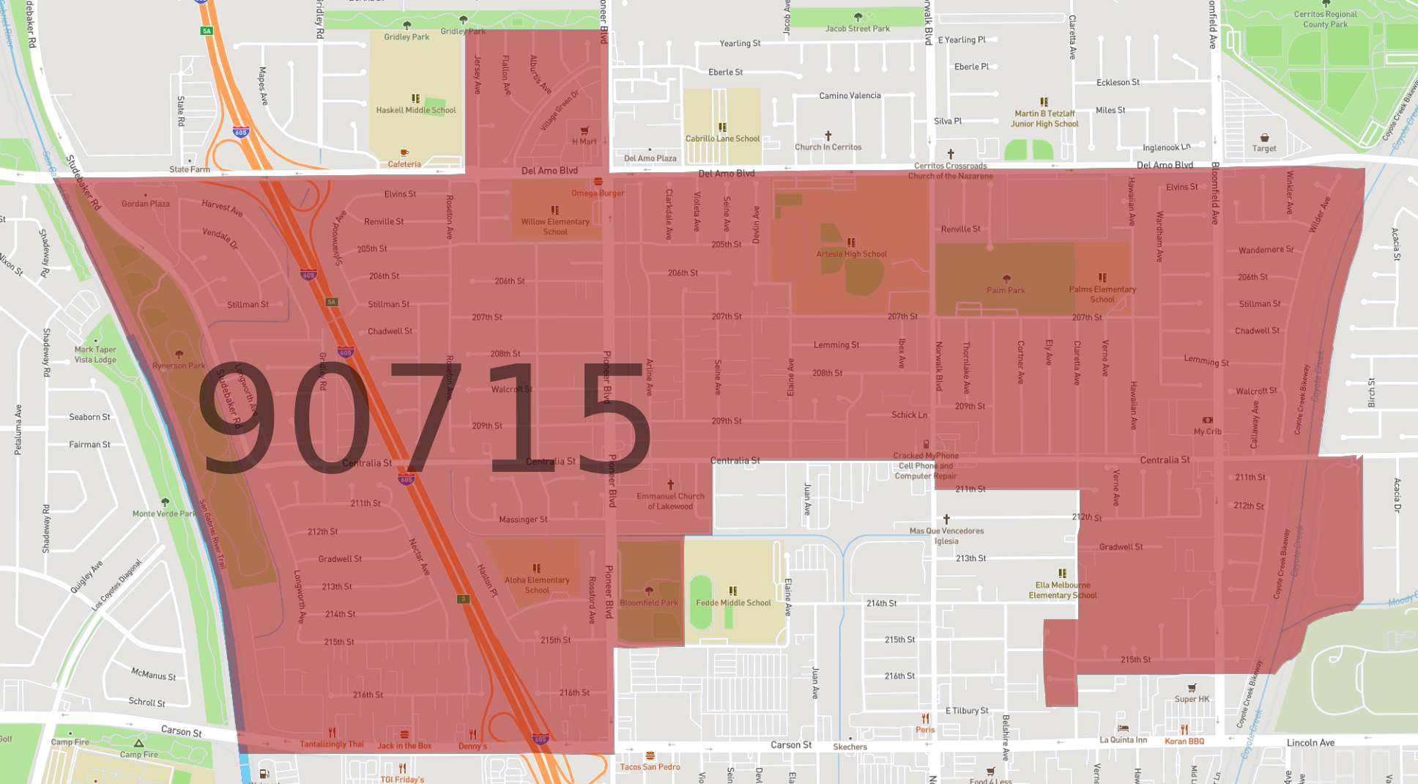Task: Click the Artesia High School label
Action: tap(851, 254)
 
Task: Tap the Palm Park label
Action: tap(1006, 290)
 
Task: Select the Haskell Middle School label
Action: tap(415, 110)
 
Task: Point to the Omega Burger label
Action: tap(598, 193)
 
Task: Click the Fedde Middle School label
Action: tap(733, 602)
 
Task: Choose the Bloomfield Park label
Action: tap(649, 602)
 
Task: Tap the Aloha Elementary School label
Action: tap(537, 585)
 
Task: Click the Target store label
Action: tap(1263, 148)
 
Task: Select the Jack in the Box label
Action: tap(404, 745)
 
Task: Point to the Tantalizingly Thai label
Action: tap(331, 744)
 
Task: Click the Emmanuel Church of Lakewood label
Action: tap(670, 501)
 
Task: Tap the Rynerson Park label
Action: tap(179, 366)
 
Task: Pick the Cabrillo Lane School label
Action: tap(722, 138)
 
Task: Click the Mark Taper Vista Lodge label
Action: tap(95, 355)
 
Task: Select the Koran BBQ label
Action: tap(1184, 741)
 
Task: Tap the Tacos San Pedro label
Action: tap(650, 766)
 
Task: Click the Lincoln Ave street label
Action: tap(1310, 742)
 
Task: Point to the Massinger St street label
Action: tap(523, 519)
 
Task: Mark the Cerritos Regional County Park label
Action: tap(1325, 19)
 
